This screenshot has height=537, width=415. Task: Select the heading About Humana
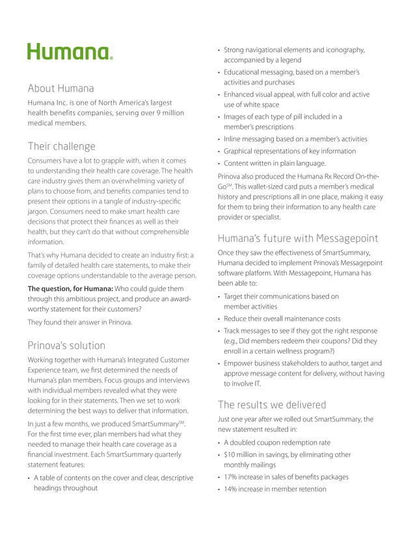tap(60, 88)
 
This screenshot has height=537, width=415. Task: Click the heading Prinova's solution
tap(66, 345)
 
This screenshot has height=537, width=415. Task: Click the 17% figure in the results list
tap(232, 477)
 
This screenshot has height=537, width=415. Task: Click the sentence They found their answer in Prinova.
tap(79, 322)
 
